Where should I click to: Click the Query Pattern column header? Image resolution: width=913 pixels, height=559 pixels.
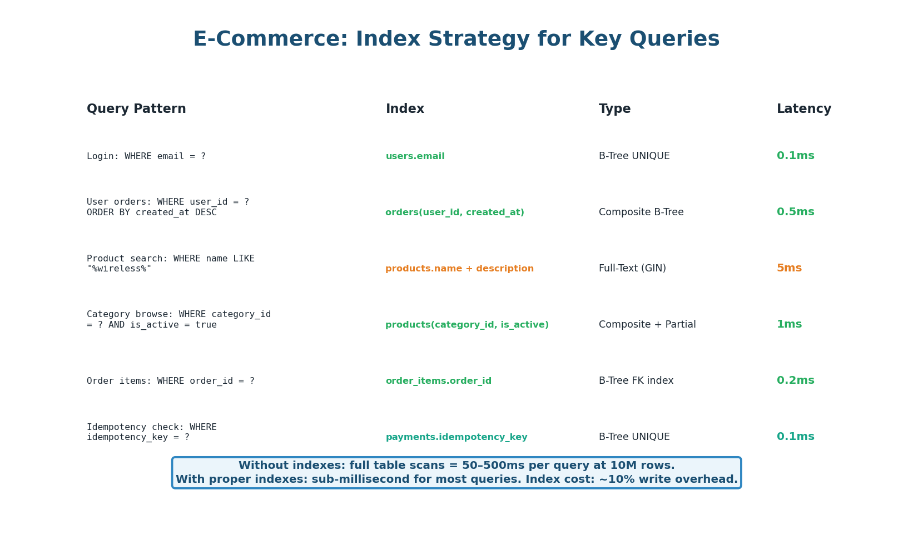point(136,109)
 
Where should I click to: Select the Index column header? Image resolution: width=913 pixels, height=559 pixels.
point(405,109)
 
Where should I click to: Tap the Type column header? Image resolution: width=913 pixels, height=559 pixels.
point(614,109)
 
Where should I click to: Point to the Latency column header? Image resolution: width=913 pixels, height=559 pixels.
point(803,109)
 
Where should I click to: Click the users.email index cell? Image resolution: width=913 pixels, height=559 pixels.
point(415,156)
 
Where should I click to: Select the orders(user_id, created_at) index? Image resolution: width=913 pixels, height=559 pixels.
point(454,212)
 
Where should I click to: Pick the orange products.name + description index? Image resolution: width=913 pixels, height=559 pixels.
point(459,269)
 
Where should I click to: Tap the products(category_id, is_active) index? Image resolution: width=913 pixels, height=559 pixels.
point(467,325)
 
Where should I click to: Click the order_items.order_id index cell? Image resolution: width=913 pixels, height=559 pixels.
point(438,381)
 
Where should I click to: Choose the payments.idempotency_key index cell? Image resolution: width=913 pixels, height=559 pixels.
point(456,437)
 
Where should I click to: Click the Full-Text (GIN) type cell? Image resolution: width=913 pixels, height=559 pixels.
point(632,269)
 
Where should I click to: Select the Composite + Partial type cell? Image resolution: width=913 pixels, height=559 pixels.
point(647,325)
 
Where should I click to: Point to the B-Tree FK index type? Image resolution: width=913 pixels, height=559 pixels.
point(636,381)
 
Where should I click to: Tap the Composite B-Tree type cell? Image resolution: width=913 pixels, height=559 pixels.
point(641,212)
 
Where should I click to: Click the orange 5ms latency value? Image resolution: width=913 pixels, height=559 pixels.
point(789,268)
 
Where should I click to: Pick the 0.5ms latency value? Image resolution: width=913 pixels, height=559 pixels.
point(795,212)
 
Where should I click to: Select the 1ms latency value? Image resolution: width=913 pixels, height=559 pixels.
point(789,324)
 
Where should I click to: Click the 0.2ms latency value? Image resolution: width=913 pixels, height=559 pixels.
point(795,380)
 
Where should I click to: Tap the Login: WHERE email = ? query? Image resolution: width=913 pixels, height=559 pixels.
point(146,156)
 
